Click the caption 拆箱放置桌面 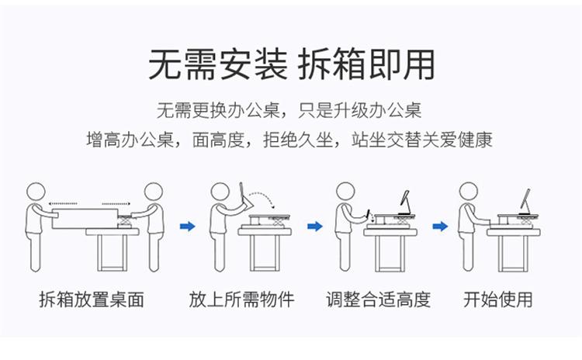click(92, 299)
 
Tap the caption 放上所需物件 click(241, 299)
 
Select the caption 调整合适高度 click(378, 299)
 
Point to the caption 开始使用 click(497, 299)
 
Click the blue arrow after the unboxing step click(188, 226)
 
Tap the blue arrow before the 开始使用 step click(440, 226)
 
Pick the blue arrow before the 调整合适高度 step click(315, 226)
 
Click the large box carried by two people click(85, 219)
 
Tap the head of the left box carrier click(36, 192)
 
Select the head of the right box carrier click(154, 192)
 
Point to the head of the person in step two click(220, 192)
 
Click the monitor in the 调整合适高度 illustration click(405, 202)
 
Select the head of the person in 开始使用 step click(469, 192)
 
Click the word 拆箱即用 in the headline click(366, 65)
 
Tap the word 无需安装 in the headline click(218, 65)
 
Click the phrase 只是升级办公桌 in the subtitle click(359, 110)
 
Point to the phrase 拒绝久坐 click(298, 140)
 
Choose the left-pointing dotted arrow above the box click(62, 203)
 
